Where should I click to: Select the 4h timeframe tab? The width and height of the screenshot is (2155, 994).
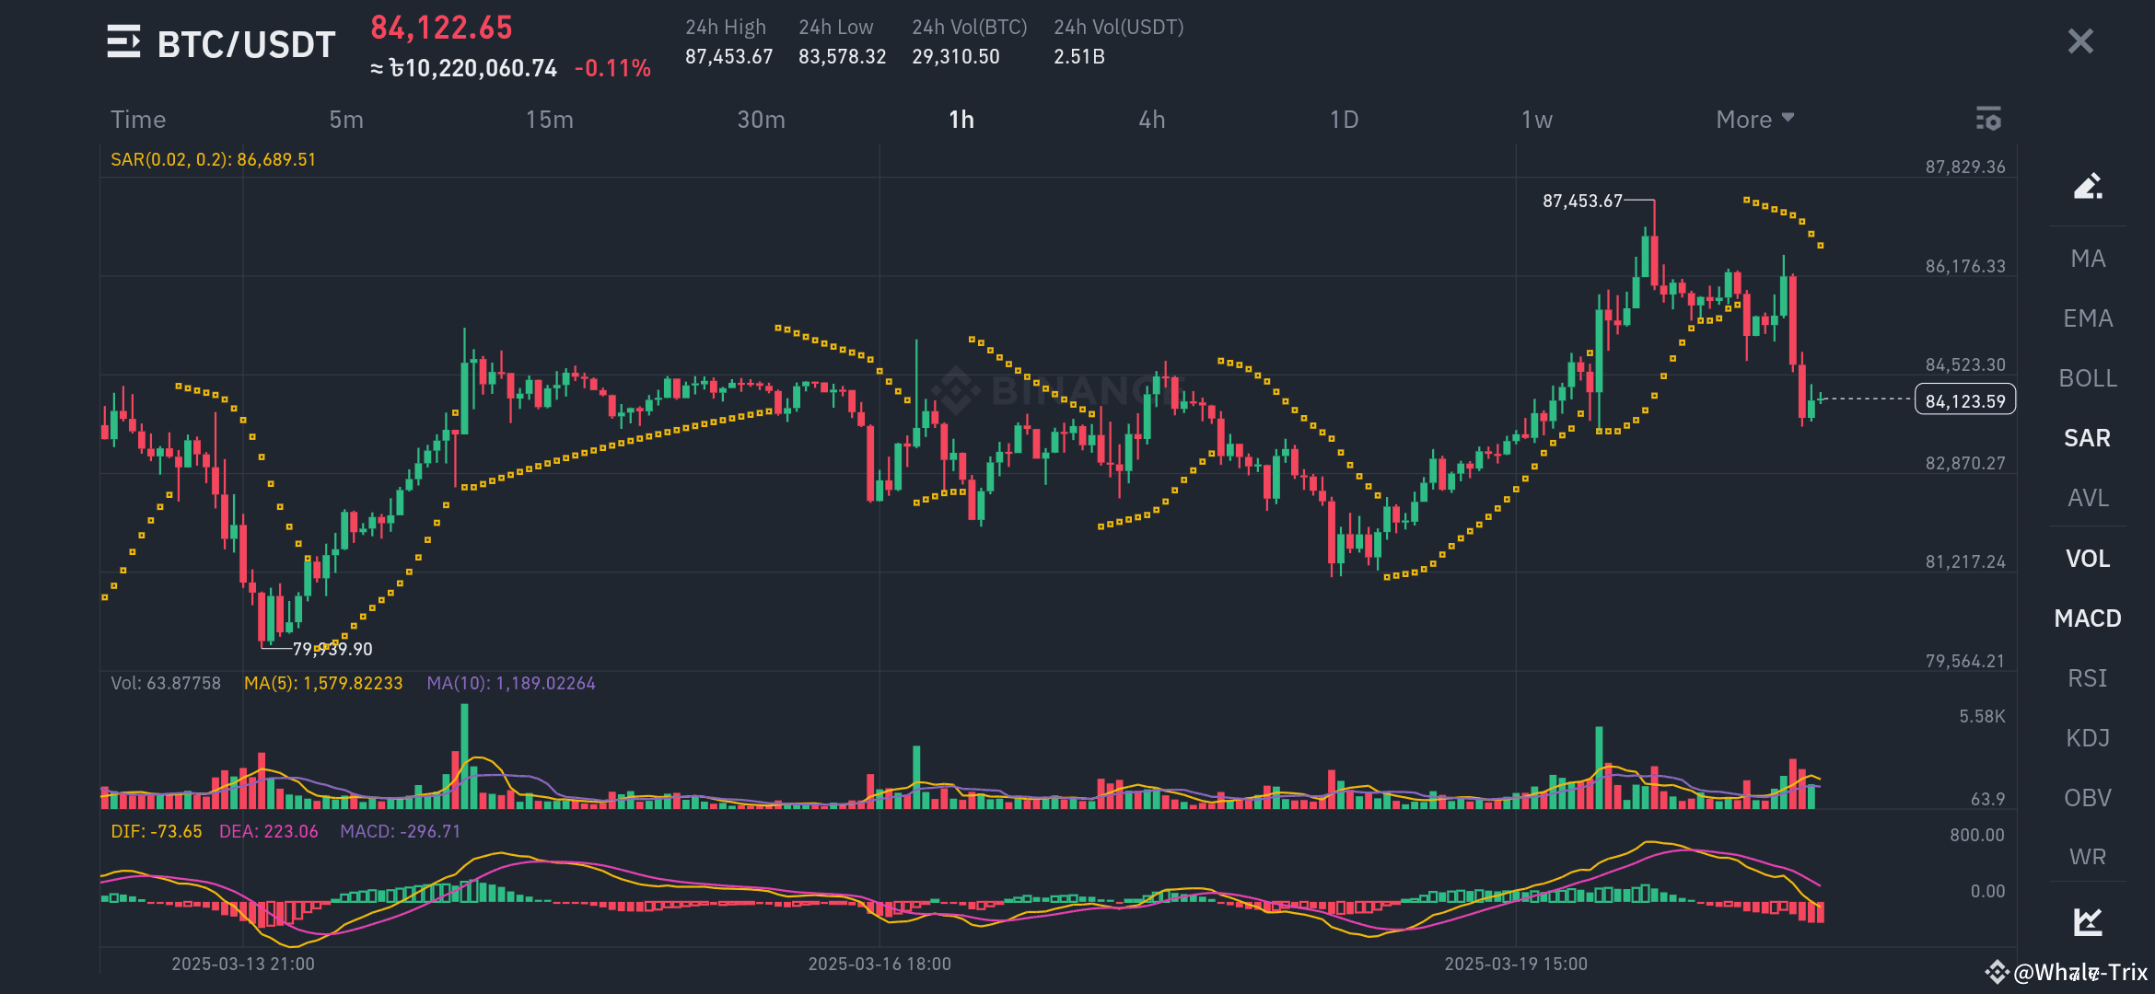1151,120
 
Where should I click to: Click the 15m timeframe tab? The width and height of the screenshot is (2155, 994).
549,120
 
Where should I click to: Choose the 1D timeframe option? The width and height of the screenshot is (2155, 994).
1344,120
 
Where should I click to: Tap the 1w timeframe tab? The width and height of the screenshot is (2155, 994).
1536,120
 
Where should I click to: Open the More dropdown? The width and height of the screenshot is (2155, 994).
1754,120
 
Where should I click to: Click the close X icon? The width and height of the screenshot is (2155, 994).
2080,41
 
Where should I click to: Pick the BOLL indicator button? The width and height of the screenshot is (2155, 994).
2088,378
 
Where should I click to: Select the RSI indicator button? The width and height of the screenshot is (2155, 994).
2088,678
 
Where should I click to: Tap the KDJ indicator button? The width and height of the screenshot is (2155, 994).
2088,738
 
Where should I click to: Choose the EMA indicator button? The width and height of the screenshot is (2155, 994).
2088,318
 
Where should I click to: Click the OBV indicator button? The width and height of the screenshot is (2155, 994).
2088,798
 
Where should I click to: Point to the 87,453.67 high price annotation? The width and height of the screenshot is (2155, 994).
1582,201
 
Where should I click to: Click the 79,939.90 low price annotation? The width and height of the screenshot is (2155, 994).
332,649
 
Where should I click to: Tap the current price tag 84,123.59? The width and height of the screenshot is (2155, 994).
1964,401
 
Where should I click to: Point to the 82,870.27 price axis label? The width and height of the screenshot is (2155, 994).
1964,463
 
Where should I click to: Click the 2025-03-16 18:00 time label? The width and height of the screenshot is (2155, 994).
879,964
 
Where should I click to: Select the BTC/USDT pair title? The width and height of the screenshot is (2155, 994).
246,44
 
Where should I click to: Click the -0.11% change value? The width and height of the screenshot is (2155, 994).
612,68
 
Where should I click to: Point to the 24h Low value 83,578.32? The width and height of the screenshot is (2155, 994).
842,57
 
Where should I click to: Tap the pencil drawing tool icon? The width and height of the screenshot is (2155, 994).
2088,186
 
